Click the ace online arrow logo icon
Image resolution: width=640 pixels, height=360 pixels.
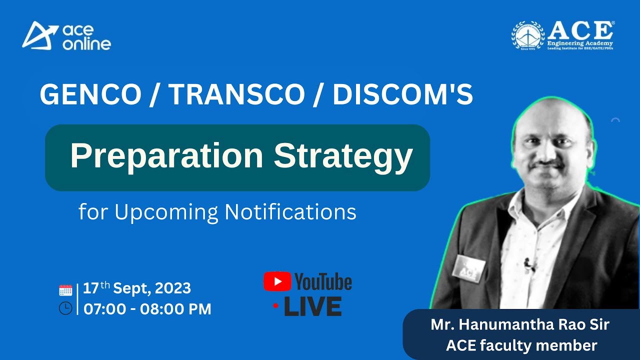tap(39, 35)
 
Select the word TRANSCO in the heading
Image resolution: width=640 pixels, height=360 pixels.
tap(236, 94)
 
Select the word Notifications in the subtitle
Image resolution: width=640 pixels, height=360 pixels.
tap(290, 212)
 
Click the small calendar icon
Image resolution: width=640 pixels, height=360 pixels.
tap(65, 290)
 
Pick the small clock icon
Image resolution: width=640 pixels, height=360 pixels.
tap(65, 308)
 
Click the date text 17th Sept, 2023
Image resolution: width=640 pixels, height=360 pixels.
tap(137, 288)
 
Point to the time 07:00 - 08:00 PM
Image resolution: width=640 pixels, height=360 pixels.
tap(147, 309)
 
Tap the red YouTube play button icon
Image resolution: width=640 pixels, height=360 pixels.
tap(277, 281)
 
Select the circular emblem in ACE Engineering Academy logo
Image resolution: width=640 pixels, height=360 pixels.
tap(528, 35)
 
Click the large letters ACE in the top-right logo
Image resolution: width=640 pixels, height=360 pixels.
tap(580, 31)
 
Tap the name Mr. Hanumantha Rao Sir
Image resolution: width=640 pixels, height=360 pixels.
tap(520, 324)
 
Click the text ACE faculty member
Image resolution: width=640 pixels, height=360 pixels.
tap(521, 345)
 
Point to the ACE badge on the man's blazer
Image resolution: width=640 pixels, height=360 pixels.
tap(468, 269)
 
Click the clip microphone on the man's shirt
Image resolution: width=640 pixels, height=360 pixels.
tap(528, 264)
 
